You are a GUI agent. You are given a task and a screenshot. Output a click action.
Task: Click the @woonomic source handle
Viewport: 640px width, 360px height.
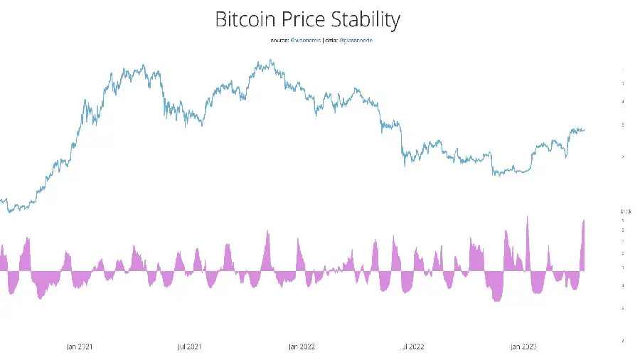(306, 41)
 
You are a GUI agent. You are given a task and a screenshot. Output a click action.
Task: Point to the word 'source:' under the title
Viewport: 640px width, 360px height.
(279, 41)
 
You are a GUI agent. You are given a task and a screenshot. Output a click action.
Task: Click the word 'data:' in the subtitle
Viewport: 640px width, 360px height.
(332, 41)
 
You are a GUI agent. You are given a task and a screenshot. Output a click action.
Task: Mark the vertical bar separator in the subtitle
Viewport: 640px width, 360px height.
(323, 41)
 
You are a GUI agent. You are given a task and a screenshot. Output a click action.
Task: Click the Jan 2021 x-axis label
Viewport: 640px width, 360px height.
(80, 346)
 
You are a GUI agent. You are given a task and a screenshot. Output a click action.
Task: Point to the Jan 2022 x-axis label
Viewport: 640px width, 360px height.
(302, 346)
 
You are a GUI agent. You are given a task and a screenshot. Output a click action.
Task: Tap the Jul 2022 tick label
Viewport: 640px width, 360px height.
(412, 346)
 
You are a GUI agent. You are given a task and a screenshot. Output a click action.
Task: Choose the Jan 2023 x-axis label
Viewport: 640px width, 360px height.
(523, 346)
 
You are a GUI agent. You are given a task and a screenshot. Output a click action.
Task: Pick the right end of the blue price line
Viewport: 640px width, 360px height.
(585, 129)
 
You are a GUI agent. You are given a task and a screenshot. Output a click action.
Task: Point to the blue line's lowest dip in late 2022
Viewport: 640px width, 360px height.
(495, 175)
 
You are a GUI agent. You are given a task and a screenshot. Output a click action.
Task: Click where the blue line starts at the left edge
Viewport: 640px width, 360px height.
(1, 200)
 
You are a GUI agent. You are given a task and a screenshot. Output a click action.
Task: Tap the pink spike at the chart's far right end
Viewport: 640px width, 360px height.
(584, 221)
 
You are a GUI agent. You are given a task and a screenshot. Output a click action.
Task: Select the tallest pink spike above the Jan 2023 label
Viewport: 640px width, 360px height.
(527, 216)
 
